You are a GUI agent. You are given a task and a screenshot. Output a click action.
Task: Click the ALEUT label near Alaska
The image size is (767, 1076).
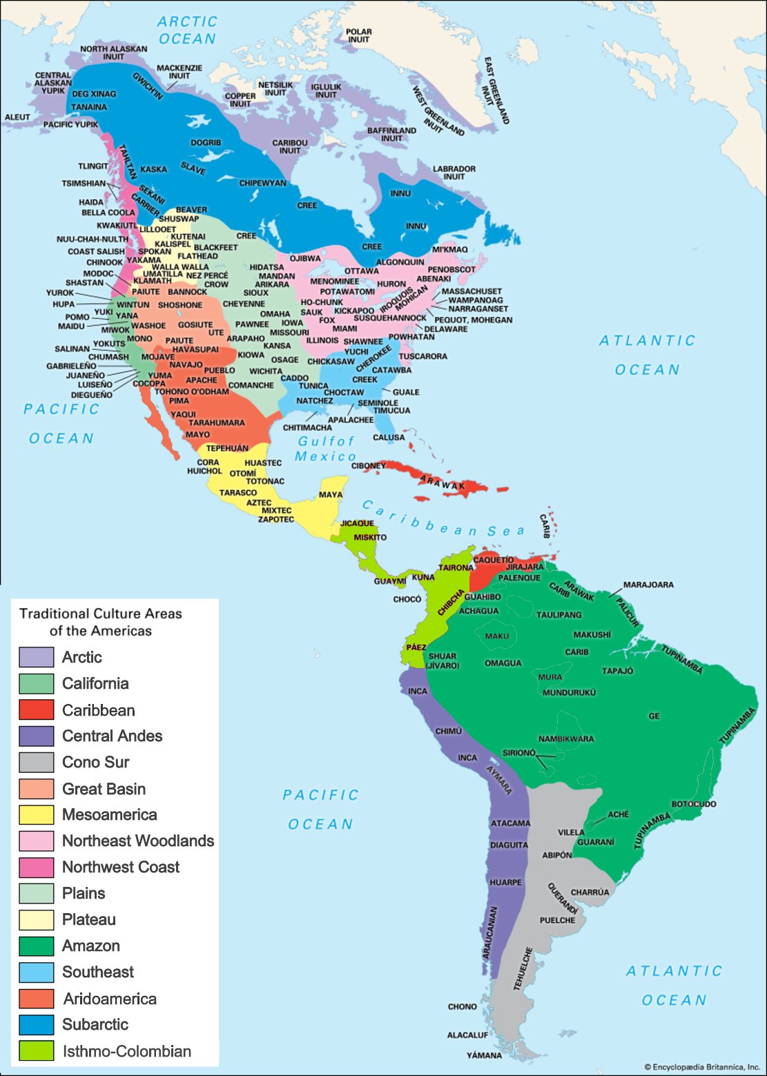tap(17, 117)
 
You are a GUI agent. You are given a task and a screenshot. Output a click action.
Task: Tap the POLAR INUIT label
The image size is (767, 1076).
tap(358, 36)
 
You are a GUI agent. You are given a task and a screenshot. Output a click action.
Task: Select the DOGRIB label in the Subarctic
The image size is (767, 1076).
tap(206, 143)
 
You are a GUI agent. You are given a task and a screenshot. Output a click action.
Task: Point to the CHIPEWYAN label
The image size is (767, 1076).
tap(262, 183)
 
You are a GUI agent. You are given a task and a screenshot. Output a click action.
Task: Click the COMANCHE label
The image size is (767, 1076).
tap(251, 385)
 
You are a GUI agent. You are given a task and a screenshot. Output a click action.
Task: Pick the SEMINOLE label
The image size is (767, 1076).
tap(378, 403)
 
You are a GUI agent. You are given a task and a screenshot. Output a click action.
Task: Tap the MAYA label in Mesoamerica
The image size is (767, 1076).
tap(331, 494)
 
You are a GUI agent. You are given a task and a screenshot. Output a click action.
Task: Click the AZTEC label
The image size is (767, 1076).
tap(259, 502)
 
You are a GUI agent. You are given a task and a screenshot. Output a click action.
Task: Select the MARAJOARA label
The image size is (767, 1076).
tap(648, 585)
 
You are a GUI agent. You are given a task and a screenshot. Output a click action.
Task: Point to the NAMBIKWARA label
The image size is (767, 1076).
tap(566, 738)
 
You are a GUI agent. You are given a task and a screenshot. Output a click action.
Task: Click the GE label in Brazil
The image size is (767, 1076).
tap(654, 716)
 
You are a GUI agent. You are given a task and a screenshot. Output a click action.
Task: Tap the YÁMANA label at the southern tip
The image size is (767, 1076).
tap(484, 1055)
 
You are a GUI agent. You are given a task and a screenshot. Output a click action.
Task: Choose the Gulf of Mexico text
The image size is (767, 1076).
tap(325, 449)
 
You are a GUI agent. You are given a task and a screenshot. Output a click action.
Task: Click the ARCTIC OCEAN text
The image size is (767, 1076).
tap(187, 30)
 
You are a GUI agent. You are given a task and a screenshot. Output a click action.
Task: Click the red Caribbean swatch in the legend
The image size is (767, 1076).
tap(36, 710)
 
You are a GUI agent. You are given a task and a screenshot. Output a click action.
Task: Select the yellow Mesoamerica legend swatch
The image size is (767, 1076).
tap(36, 814)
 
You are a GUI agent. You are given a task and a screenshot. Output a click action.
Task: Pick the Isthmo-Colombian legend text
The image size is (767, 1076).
tap(126, 1051)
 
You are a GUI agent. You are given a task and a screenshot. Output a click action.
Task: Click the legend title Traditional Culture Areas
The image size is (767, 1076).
tap(101, 621)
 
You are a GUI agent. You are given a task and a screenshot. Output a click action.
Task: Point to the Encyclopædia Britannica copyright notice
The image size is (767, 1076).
tap(701, 1067)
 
